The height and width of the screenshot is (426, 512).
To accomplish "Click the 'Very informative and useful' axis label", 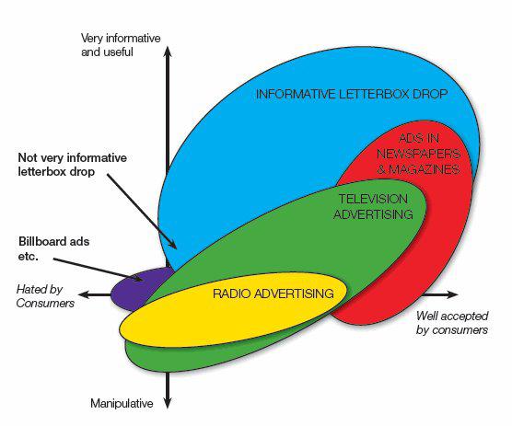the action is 121,45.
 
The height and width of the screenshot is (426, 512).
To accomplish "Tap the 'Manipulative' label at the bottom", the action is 122,404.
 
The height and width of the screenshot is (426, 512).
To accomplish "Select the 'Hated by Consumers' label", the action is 45,296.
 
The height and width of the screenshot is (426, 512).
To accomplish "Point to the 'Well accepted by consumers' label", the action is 452,323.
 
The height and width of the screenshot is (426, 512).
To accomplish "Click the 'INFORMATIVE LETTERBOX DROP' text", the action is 352,94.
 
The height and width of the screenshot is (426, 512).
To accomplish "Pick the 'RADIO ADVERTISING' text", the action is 273,294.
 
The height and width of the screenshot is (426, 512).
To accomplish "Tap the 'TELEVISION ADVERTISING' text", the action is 373,206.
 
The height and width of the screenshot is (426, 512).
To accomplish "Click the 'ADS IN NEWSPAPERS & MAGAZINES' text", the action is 419,154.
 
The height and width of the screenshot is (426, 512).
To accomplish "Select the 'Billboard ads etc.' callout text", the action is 54,248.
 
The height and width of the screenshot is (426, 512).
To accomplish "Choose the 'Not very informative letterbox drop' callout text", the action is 73,165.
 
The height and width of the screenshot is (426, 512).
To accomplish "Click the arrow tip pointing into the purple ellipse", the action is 143,281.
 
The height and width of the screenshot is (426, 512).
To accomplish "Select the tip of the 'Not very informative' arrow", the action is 177,248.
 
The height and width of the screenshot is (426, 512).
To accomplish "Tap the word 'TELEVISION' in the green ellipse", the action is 373,199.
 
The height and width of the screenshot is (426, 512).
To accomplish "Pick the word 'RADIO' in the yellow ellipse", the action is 232,294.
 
